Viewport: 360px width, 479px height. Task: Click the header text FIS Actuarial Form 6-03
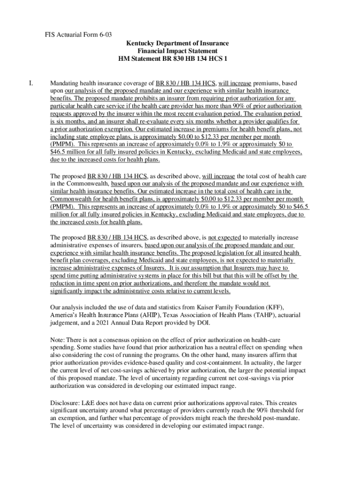point(72,35)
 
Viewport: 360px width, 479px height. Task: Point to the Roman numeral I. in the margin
point(30,84)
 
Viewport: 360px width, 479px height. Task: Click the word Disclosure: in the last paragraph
point(66,403)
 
